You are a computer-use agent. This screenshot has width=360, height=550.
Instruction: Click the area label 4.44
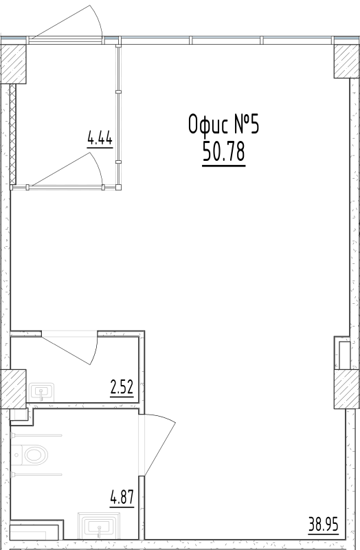(100, 139)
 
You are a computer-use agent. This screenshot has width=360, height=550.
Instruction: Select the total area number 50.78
(224, 153)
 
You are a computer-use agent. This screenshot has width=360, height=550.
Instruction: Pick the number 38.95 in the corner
(323, 528)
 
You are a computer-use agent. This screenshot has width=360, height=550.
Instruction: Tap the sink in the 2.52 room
(43, 393)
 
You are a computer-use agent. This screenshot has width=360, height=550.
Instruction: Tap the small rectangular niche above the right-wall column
(344, 353)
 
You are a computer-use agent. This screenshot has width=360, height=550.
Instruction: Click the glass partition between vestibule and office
(118, 117)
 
